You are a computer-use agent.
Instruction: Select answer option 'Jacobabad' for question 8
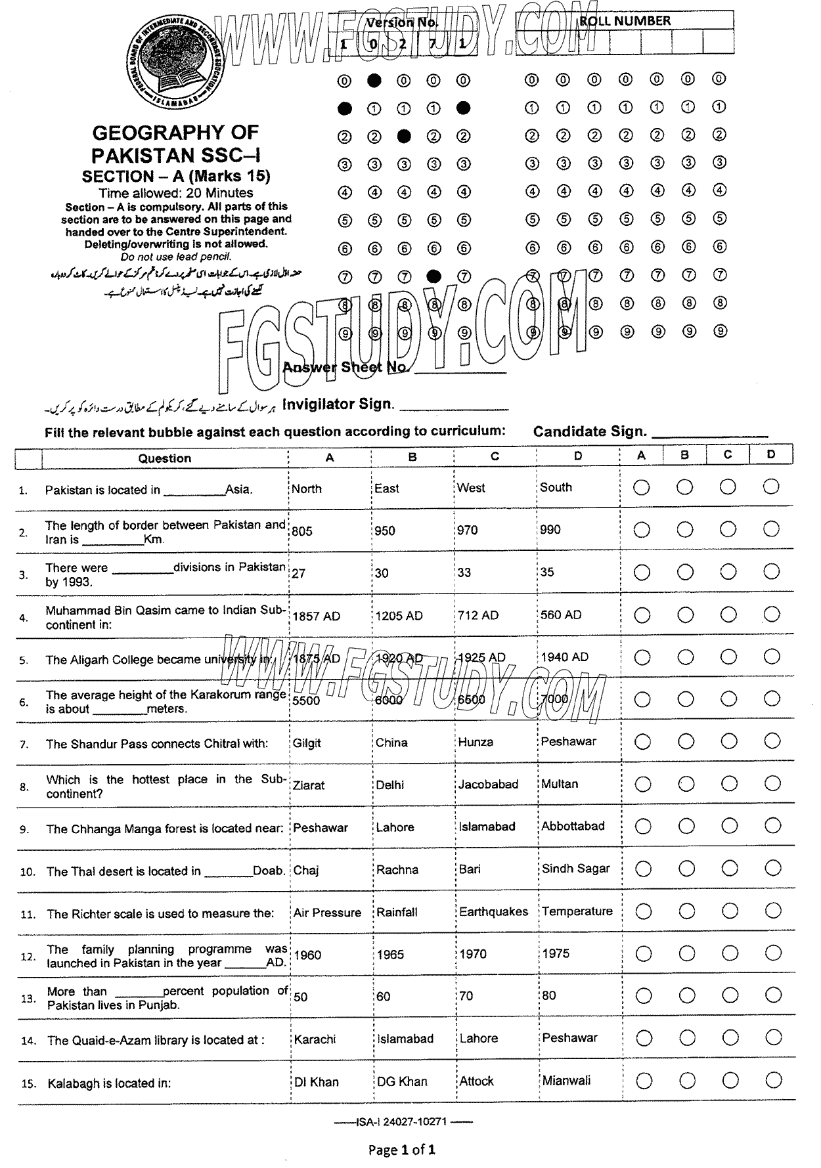[x=488, y=784]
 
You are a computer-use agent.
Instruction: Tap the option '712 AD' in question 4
[x=478, y=615]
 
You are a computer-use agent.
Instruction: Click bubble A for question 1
[x=642, y=487]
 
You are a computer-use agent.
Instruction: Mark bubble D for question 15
[x=773, y=1080]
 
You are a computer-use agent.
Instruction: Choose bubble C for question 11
[x=729, y=911]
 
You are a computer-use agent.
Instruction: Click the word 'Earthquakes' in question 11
[x=493, y=911]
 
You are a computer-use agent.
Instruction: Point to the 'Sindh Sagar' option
[x=575, y=869]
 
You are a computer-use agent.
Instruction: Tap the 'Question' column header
[x=164, y=458]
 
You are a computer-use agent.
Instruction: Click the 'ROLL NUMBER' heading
[x=624, y=21]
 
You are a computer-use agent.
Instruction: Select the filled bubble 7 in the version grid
[x=433, y=276]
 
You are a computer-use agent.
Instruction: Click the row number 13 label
[x=28, y=998]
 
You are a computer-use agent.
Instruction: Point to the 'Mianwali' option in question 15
[x=566, y=1080]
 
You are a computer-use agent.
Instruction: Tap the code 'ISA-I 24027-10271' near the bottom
[x=401, y=1121]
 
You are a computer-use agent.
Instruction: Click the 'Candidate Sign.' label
[x=590, y=431]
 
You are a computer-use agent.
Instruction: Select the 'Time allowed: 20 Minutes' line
[x=176, y=193]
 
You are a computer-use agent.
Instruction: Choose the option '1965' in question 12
[x=390, y=954]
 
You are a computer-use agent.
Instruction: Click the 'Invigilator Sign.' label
[x=338, y=404]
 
